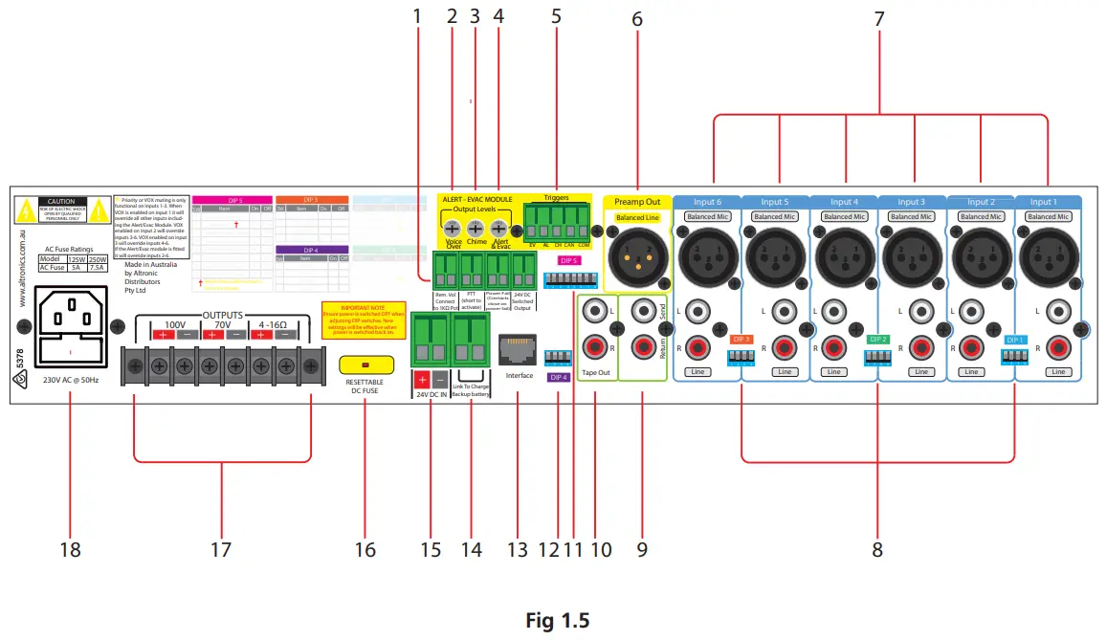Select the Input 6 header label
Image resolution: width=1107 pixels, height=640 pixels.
click(x=707, y=202)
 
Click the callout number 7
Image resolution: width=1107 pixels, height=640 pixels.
click(x=880, y=18)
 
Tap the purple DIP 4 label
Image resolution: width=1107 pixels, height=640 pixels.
click(x=558, y=377)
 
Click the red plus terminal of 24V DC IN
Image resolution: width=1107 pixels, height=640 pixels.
click(x=421, y=378)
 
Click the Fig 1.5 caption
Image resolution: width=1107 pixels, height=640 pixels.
click(x=557, y=620)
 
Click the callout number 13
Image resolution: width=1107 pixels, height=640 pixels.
click(x=518, y=550)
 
